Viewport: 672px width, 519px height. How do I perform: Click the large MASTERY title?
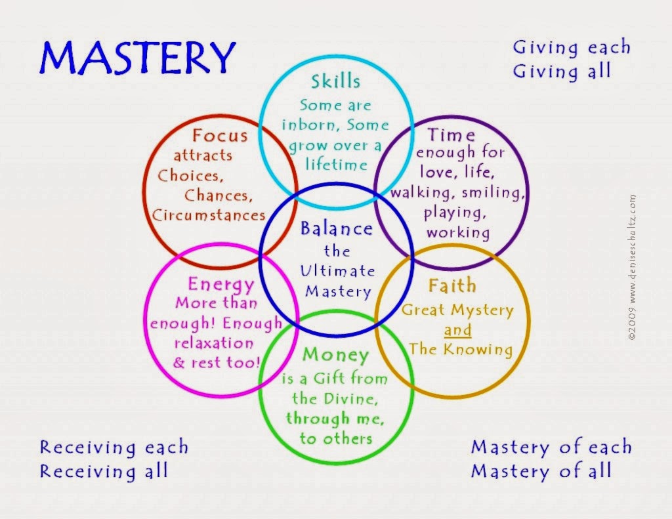coord(137,58)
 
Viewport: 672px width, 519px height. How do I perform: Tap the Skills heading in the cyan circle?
coord(335,81)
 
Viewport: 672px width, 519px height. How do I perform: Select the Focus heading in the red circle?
coord(220,136)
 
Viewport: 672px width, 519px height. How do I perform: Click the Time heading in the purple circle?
coord(451,135)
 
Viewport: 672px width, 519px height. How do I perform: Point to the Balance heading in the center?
coord(336,229)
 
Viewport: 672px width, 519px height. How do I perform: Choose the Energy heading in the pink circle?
coord(220,284)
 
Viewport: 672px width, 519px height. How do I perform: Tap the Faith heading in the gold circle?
coord(452,286)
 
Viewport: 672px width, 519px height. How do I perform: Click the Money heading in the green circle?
coord(335,355)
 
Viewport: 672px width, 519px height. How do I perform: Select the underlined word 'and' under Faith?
coord(457,330)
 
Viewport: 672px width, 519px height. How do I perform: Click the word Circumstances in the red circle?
coord(209,215)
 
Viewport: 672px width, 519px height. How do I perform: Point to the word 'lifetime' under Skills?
coord(336,164)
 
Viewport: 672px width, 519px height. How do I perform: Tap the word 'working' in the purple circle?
coord(458,232)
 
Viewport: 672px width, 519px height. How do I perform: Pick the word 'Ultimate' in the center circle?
coord(337,270)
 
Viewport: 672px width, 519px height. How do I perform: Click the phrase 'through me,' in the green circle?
coord(335,418)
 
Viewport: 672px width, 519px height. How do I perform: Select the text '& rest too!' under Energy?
coord(217,362)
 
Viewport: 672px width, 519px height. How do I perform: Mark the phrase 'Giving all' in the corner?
coord(562,70)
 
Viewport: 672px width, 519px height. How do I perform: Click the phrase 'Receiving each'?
coord(114,447)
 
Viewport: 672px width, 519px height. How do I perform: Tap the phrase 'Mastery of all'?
coord(541,471)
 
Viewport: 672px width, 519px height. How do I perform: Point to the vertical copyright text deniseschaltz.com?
coord(632,266)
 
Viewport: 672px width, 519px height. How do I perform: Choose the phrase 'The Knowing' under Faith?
coord(460,348)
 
